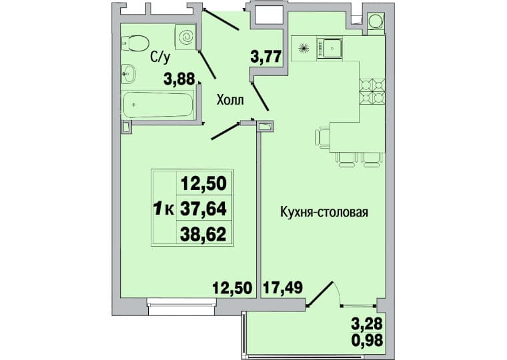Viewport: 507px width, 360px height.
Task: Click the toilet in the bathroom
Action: (x=135, y=43)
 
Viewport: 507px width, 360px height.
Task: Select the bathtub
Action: (x=157, y=105)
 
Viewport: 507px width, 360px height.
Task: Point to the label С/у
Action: (x=159, y=57)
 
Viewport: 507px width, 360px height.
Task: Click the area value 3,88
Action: (x=179, y=79)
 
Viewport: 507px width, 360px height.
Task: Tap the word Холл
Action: (x=231, y=100)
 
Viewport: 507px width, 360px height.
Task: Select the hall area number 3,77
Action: (x=266, y=57)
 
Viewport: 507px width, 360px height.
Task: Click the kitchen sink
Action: (x=328, y=49)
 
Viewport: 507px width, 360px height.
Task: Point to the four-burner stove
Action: (x=372, y=91)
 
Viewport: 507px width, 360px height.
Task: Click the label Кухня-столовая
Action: (x=324, y=212)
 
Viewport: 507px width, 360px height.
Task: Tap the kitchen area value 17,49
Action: (x=284, y=287)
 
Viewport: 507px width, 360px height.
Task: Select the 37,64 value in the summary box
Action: (x=203, y=209)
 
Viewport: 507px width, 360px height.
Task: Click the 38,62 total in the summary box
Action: (x=203, y=234)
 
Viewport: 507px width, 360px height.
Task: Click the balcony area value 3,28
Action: (x=367, y=323)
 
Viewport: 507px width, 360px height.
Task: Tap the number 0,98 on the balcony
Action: (x=367, y=340)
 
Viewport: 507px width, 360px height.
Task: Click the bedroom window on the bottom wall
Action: (x=181, y=307)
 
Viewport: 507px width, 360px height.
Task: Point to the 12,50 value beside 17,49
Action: (x=232, y=287)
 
